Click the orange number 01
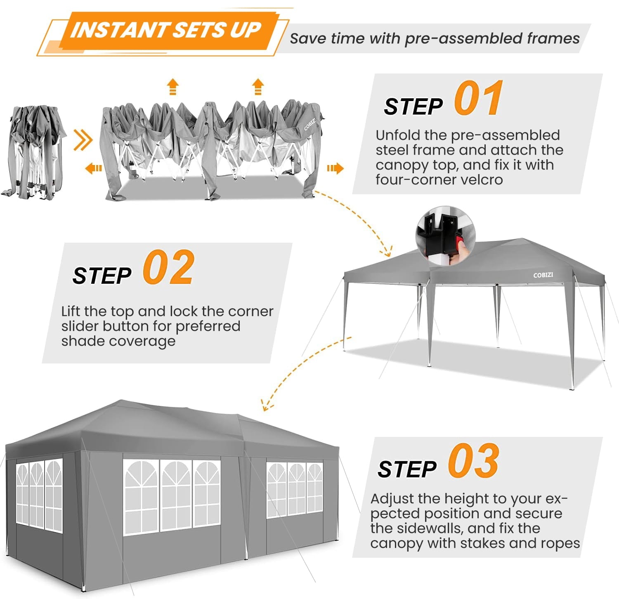coord(479,99)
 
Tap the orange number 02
coord(168,268)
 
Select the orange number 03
coord(474,461)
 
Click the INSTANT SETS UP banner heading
coord(165,30)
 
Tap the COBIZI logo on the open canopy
coord(543,275)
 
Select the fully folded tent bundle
coord(35,153)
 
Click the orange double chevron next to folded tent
coord(83,140)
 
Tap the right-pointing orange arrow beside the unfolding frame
coord(335,168)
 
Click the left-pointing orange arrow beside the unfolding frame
coord(94,168)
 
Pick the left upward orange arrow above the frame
coord(172,87)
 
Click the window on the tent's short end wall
coord(39,495)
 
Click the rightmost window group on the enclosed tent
coord(295,489)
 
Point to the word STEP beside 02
coord(102,276)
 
